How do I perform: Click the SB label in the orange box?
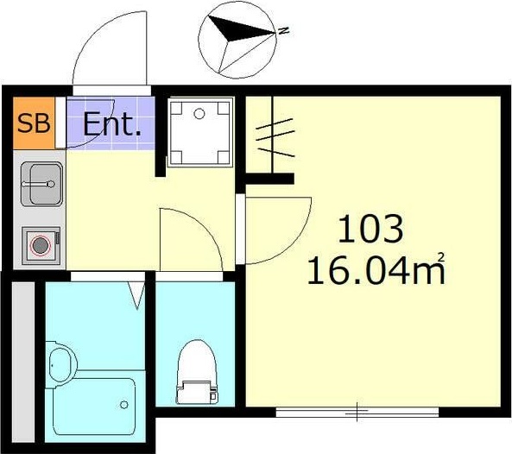click(x=34, y=123)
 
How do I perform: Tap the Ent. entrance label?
click(x=112, y=123)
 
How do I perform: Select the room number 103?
click(x=370, y=229)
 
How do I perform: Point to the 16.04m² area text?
click(x=376, y=270)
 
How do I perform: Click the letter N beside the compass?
click(x=283, y=31)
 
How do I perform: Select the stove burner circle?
click(x=41, y=245)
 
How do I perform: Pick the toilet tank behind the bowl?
click(x=197, y=393)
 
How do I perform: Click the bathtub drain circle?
click(x=123, y=405)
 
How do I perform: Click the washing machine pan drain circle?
click(x=199, y=114)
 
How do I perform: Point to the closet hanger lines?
click(x=276, y=137)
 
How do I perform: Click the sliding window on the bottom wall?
click(x=357, y=413)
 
